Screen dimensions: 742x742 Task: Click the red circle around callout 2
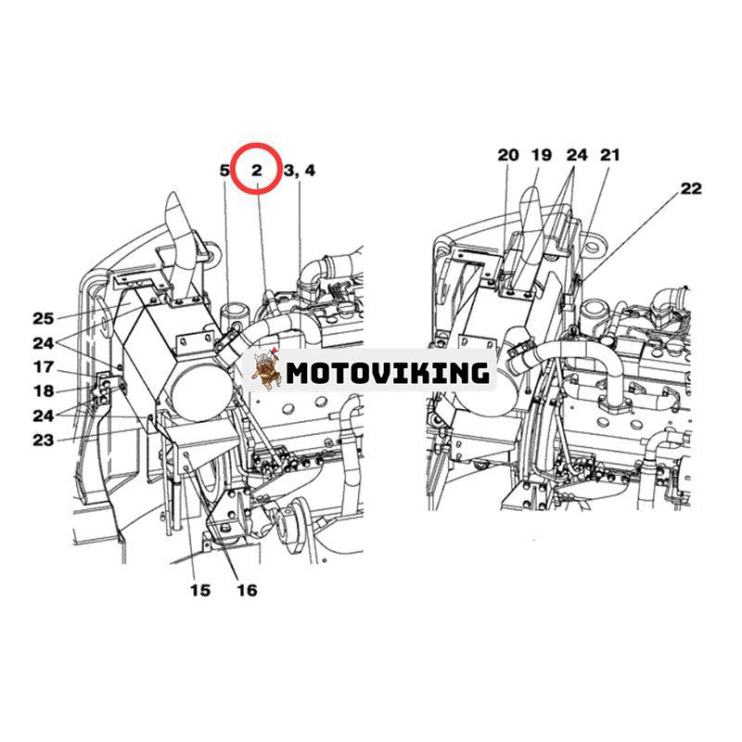[x=256, y=169]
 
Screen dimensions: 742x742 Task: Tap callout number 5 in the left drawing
[x=224, y=171]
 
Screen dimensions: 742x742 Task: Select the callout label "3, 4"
[x=299, y=171]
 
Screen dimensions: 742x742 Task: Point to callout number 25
[x=43, y=318]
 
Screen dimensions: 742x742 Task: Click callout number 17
[x=44, y=366]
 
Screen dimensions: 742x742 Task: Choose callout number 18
[x=44, y=390]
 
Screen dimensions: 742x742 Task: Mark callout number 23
[x=43, y=440]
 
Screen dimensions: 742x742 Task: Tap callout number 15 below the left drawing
[x=200, y=590]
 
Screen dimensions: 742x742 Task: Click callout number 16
[x=247, y=590]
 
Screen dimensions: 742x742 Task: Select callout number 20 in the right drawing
[x=508, y=155]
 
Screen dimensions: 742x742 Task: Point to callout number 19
[x=542, y=155]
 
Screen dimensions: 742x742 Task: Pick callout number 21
[x=610, y=155]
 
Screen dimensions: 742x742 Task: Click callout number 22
[x=691, y=188]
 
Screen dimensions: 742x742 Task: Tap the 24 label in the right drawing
[x=577, y=155]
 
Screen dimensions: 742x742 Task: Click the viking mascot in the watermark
[x=265, y=369]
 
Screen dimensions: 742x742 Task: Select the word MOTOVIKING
[x=388, y=373]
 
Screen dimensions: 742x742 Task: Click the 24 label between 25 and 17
[x=43, y=342]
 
